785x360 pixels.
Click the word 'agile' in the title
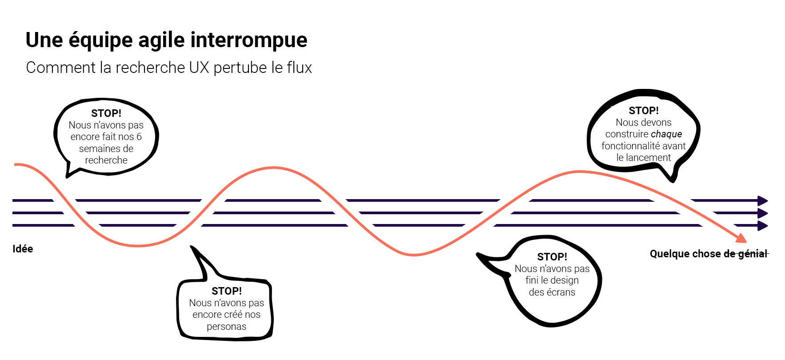pyautogui.click(x=162, y=40)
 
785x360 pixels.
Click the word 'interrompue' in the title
pyautogui.click(x=249, y=40)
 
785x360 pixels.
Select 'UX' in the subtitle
pyautogui.click(x=199, y=68)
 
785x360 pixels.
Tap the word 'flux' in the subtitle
pyautogui.click(x=299, y=68)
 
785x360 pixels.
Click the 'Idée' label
pyautogui.click(x=23, y=249)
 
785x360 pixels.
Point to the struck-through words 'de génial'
pyautogui.click(x=745, y=254)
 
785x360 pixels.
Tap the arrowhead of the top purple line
pyautogui.click(x=763, y=200)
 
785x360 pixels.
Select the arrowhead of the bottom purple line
pyautogui.click(x=763, y=226)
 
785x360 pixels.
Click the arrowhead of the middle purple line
pyautogui.click(x=763, y=213)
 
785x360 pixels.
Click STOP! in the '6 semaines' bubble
pyautogui.click(x=106, y=113)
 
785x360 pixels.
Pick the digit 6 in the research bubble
pyautogui.click(x=139, y=137)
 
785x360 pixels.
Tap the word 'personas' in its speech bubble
pyautogui.click(x=226, y=327)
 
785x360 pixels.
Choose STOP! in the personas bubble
pyautogui.click(x=227, y=291)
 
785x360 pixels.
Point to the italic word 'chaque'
pyautogui.click(x=666, y=134)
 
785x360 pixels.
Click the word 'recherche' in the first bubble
pyautogui.click(x=106, y=160)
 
